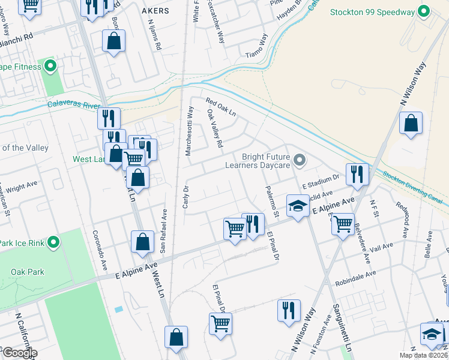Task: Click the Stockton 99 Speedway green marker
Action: [x=424, y=11]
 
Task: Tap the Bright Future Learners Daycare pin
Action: [x=301, y=160]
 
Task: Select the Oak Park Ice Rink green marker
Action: [x=53, y=243]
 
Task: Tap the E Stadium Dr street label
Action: [x=321, y=178]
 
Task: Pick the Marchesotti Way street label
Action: [x=189, y=131]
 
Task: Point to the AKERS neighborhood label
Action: [x=153, y=11]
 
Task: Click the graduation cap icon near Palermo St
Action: [x=297, y=206]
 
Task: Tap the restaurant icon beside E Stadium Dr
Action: [x=357, y=174]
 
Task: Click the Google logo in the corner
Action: [x=19, y=353]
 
